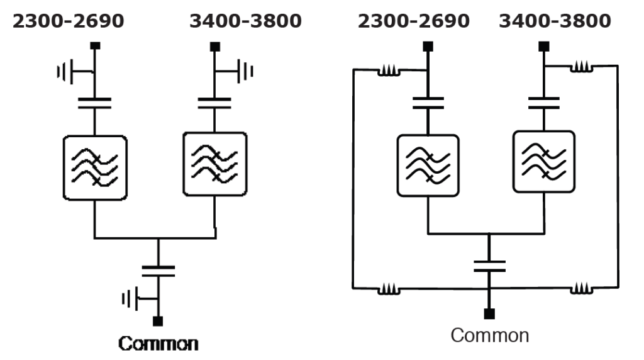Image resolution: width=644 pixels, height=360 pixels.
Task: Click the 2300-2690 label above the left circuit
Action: point(68,21)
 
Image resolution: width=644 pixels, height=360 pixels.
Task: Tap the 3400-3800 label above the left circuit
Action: point(246,21)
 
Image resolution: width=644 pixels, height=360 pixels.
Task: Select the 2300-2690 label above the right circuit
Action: point(414,21)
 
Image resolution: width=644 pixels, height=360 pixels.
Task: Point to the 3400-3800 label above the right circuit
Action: point(555,21)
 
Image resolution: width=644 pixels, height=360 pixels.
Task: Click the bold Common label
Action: point(158,344)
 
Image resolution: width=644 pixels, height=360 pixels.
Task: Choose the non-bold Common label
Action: point(489,335)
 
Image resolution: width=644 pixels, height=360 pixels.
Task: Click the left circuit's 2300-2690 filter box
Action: point(95,167)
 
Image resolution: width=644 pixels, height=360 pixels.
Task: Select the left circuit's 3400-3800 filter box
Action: point(215,164)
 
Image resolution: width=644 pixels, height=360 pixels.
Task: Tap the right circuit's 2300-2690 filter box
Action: point(428,166)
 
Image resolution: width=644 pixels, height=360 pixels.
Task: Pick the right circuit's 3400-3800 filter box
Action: point(544,162)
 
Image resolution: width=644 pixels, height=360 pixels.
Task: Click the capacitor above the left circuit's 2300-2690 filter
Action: point(94,103)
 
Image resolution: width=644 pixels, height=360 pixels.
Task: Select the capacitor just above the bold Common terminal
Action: point(158,271)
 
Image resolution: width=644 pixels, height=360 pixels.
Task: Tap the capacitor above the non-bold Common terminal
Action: point(489,266)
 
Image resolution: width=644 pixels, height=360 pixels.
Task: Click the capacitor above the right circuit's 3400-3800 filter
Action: point(544,103)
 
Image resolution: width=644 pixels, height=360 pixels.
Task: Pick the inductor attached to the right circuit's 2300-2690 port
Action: point(389,70)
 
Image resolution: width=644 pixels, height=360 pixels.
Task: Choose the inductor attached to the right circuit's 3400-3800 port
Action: point(582,67)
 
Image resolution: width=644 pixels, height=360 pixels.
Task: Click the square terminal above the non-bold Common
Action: point(489,314)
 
